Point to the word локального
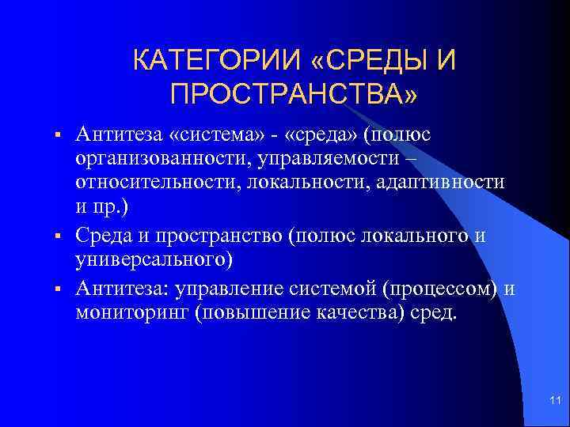403,236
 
